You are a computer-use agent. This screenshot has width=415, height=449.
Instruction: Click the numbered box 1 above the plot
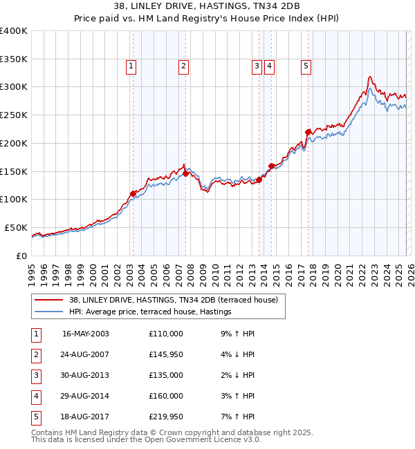pos(131,66)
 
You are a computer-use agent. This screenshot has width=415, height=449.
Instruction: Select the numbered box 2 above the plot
pos(183,66)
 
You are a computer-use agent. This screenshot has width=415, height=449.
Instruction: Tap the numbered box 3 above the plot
pos(257,66)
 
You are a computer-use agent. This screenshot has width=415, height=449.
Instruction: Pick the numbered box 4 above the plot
pos(269,66)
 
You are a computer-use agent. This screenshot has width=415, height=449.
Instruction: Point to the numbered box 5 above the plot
pos(306,66)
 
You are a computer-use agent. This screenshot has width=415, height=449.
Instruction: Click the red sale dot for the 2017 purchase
pos(308,132)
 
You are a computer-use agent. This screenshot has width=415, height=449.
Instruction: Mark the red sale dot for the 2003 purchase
pos(133,193)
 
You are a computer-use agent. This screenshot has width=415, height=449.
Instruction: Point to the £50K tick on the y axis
pos(16,227)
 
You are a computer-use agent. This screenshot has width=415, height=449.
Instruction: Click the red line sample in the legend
pos(48,300)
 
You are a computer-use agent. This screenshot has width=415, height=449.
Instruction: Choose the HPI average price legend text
pos(149,312)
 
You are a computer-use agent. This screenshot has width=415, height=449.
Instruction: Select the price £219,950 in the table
pos(166,417)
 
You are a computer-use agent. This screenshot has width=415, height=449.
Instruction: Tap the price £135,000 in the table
pos(166,375)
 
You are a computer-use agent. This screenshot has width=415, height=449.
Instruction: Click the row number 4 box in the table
pos(34,396)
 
